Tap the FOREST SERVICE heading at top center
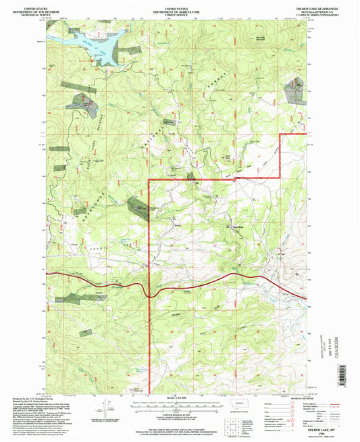tap(180, 12)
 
